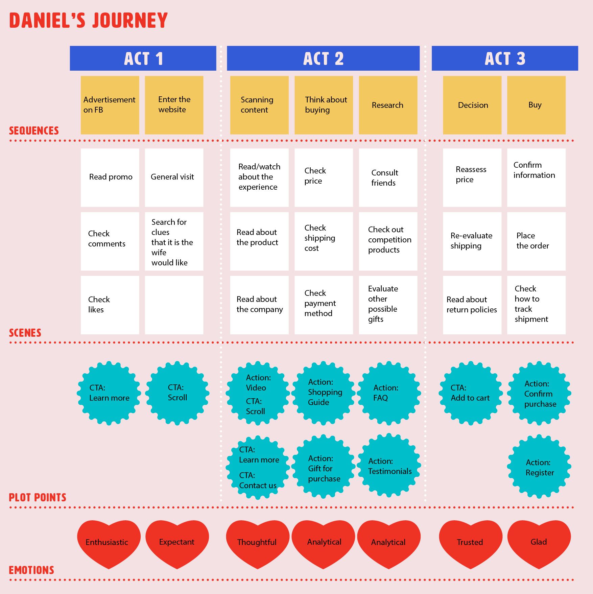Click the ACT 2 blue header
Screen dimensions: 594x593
pyautogui.click(x=323, y=58)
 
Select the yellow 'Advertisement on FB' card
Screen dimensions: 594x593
pyautogui.click(x=110, y=105)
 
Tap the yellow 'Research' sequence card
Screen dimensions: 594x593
pyautogui.click(x=388, y=105)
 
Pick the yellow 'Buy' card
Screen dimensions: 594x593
pyautogui.click(x=536, y=105)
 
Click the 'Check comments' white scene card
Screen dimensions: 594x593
pyautogui.click(x=110, y=241)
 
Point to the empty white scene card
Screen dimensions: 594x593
pyautogui.click(x=174, y=305)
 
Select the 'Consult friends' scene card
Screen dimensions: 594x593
pyautogui.click(x=388, y=177)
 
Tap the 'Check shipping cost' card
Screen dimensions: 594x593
pyautogui.click(x=324, y=241)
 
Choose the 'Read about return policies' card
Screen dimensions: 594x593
pyautogui.click(x=472, y=305)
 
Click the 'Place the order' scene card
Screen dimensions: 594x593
pyautogui.click(x=536, y=241)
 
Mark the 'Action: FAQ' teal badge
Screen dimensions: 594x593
pyautogui.click(x=389, y=393)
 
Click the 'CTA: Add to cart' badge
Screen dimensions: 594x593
pyautogui.click(x=470, y=393)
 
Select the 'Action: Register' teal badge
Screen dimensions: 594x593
pyautogui.click(x=539, y=467)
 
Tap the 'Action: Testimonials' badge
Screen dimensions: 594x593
pyautogui.click(x=389, y=466)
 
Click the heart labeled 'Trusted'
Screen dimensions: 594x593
pyautogui.click(x=470, y=542)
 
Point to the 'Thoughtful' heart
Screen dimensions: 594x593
pyautogui.click(x=257, y=542)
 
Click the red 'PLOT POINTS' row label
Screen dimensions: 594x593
pyautogui.click(x=38, y=497)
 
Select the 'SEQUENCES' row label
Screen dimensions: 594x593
pyautogui.click(x=34, y=130)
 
